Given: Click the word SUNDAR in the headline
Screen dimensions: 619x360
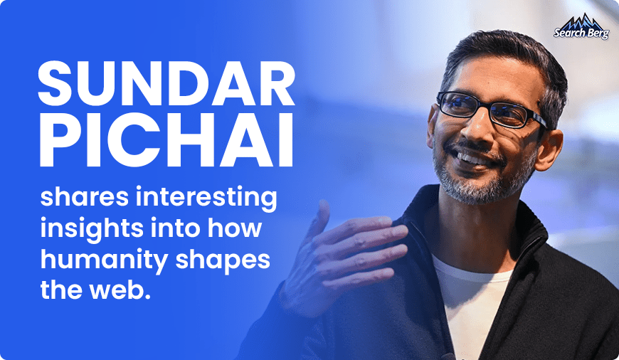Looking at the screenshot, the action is tap(166, 83).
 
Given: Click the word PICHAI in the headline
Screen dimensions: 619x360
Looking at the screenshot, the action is tap(166, 140).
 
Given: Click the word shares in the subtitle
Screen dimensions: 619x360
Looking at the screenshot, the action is tap(85, 197).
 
